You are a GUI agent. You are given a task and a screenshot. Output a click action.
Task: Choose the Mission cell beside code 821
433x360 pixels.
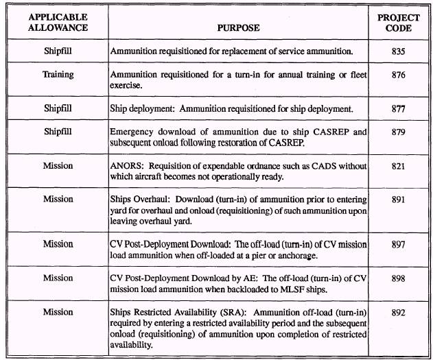(x=58, y=167)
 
